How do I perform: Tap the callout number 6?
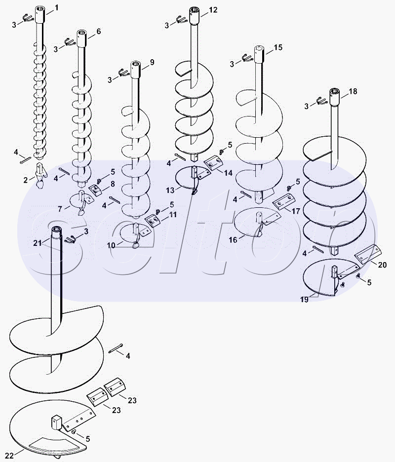tap(98, 31)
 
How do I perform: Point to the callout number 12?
tap(213, 10)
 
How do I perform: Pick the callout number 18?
tap(353, 92)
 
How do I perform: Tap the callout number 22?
tap(7, 454)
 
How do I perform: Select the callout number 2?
tap(25, 180)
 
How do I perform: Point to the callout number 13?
tap(170, 190)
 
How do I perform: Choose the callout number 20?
tap(382, 265)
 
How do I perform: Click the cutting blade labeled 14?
tap(214, 163)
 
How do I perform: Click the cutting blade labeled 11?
tap(153, 220)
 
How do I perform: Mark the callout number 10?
tap(112, 245)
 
